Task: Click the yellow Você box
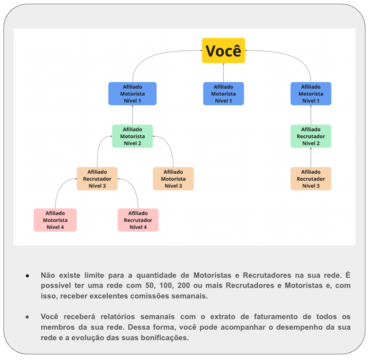[223, 51]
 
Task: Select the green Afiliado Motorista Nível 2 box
[132, 136]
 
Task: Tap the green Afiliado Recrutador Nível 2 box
[311, 136]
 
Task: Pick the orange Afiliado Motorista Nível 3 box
[173, 179]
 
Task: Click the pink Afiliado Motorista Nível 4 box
[55, 220]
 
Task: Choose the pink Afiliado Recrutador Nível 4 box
[138, 220]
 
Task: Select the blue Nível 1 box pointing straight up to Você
[223, 94]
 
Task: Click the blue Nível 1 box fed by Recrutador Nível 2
[311, 94]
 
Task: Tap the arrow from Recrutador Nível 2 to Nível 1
[311, 115]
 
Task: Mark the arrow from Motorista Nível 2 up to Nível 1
[132, 115]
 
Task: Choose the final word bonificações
[162, 337]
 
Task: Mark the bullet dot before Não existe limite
[27, 276]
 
